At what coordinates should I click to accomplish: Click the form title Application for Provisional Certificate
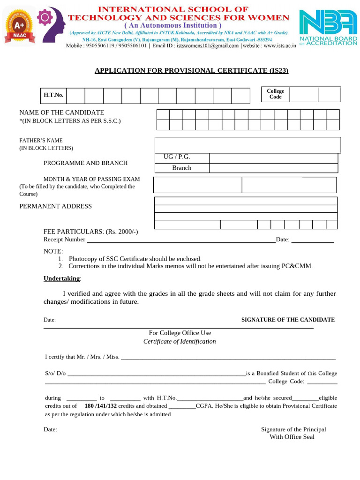191,71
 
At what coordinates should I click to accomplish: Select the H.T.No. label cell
53,95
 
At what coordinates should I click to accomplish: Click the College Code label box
275,94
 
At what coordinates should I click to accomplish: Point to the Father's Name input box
247,145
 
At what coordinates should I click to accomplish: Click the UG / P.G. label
177,157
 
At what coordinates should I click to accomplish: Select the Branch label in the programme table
181,168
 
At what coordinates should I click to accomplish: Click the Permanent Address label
55,206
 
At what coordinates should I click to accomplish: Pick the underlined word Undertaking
61,278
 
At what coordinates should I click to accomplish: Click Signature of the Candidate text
288,320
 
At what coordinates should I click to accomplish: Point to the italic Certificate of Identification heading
180,342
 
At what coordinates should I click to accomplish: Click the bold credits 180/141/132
100,406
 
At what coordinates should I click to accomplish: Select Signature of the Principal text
293,429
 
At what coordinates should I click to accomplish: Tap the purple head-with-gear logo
51,23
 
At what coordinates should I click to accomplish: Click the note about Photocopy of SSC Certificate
135,259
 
